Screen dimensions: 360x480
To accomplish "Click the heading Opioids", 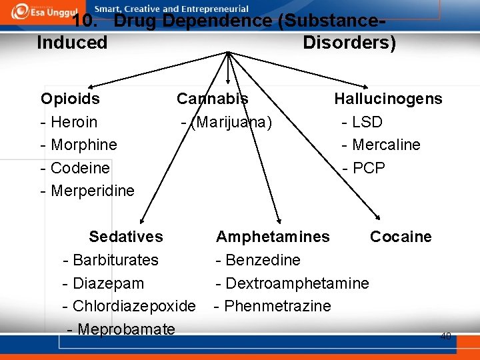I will coord(70,99).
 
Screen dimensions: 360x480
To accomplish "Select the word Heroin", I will coord(74,122).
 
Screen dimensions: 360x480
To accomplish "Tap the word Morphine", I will coord(84,145).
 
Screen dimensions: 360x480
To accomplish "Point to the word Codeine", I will coord(80,167).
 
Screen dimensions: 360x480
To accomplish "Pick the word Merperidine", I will coord(93,191).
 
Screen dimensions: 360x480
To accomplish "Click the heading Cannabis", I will coord(212,99).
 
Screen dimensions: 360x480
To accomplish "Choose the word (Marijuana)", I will coord(231,122).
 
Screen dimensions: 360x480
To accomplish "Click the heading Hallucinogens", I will coord(388,99).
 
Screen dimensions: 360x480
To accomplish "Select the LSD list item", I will coord(367,122).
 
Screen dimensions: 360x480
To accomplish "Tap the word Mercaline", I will coord(386,145).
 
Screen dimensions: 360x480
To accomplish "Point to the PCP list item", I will coord(369,167).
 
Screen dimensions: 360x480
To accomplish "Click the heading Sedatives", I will coord(126,237).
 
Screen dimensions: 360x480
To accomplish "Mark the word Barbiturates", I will coord(115,259).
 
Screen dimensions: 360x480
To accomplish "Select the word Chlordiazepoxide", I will coord(134,306).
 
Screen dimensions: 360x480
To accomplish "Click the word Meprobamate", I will coord(126,329).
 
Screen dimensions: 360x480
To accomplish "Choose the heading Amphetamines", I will coord(273,237).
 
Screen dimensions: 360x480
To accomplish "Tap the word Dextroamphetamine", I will coord(297,283).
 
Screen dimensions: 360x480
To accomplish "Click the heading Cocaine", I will coord(401,237).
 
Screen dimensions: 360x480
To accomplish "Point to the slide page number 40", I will coord(445,337).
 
